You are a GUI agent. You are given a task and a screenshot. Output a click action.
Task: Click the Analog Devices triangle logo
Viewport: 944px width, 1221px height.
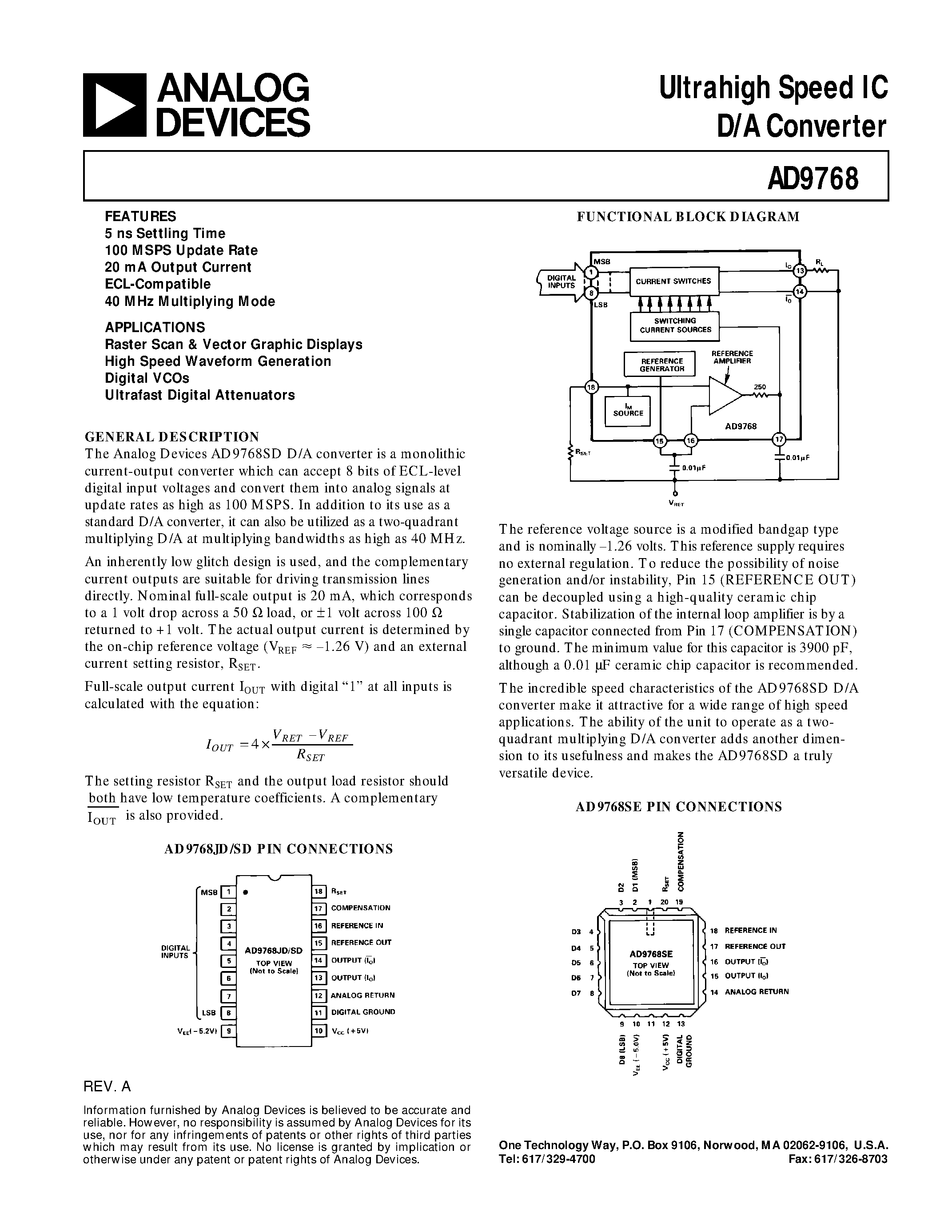(115, 105)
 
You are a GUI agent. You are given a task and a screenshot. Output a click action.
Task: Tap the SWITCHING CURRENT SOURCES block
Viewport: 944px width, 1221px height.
(674, 325)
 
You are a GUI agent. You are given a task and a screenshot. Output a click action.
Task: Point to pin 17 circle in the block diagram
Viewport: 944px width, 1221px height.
(779, 440)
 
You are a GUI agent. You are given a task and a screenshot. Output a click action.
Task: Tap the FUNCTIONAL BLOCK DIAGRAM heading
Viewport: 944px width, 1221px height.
(688, 217)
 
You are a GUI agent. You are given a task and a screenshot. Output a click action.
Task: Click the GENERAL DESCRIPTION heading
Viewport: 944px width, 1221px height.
(171, 436)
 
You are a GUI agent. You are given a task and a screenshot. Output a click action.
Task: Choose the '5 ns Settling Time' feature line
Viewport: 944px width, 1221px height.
(165, 234)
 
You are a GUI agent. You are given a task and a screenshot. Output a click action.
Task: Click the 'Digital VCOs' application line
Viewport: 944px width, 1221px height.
(147, 378)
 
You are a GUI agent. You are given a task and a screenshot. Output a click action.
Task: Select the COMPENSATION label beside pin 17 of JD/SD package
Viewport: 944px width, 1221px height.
(361, 908)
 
